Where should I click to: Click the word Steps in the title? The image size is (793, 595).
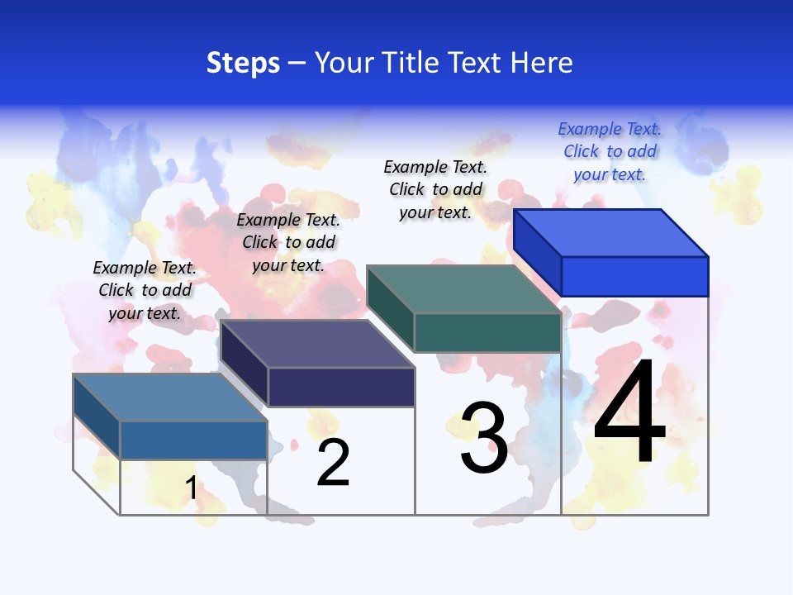[243, 63]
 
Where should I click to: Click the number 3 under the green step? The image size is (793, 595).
[484, 438]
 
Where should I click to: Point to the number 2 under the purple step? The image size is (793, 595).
[333, 463]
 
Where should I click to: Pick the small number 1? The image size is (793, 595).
[191, 488]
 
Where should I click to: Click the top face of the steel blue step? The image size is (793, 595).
[170, 397]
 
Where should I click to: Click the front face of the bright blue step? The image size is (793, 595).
[634, 276]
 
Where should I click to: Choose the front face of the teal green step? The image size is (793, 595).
[487, 332]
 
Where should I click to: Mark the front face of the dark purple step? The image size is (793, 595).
[341, 387]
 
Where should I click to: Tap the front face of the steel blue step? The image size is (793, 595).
[193, 440]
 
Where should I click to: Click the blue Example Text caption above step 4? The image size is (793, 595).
[610, 151]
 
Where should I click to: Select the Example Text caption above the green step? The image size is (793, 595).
[435, 189]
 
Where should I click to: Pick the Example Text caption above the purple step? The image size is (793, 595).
[288, 242]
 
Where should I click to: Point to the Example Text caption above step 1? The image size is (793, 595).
[145, 290]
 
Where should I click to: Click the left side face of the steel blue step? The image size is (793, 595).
[97, 416]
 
